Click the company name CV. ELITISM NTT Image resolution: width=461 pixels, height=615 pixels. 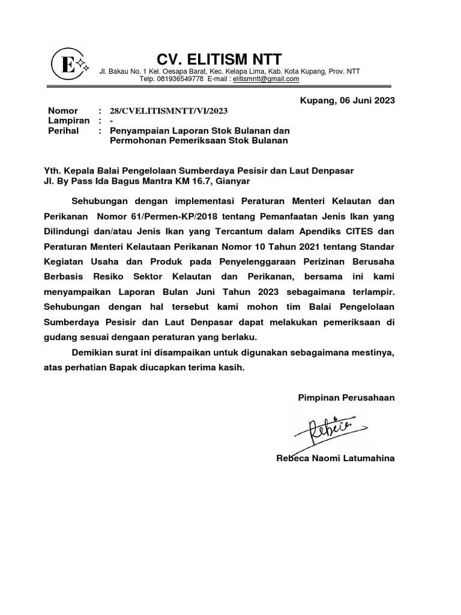(218, 59)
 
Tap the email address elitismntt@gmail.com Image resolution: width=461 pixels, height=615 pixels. (266, 79)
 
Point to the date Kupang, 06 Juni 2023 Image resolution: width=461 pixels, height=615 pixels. (347, 100)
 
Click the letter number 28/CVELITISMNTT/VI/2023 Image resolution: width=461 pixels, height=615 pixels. (169, 111)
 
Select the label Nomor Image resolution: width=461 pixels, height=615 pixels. (63, 111)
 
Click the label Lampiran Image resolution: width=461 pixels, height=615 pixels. (68, 121)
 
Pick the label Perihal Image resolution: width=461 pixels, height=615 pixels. (64, 130)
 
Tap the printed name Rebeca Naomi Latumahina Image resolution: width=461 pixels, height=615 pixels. (335, 458)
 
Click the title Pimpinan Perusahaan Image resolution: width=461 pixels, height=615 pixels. (346, 398)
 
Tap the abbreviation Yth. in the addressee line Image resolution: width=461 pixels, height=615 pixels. (53, 171)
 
